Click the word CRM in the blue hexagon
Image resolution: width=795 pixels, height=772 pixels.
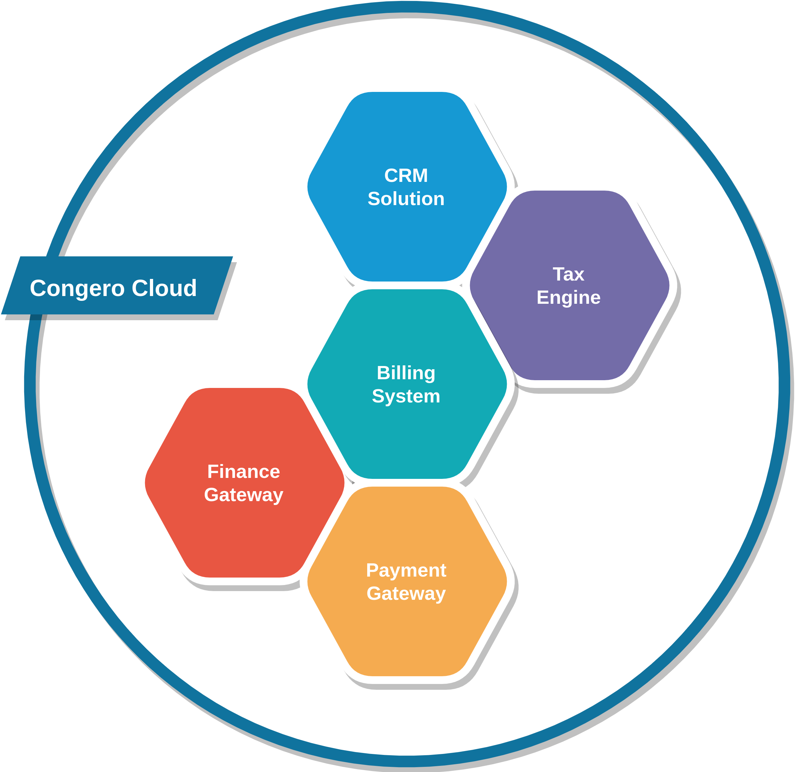click(x=406, y=176)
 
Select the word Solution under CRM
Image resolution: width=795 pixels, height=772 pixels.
click(x=406, y=199)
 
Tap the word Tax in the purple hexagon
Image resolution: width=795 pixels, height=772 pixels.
click(x=568, y=274)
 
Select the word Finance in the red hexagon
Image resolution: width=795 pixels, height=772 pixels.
click(x=244, y=472)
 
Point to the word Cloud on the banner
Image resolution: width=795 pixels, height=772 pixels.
click(x=164, y=288)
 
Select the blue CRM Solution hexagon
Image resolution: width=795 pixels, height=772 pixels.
click(x=407, y=187)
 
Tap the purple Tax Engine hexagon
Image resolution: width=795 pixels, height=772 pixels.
click(x=569, y=285)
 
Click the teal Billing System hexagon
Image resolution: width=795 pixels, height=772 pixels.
click(x=407, y=384)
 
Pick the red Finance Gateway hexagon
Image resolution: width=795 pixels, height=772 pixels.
click(x=245, y=483)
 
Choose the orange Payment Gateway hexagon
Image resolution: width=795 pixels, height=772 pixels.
click(x=407, y=581)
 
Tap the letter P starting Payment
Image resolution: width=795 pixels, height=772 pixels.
click(x=372, y=570)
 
